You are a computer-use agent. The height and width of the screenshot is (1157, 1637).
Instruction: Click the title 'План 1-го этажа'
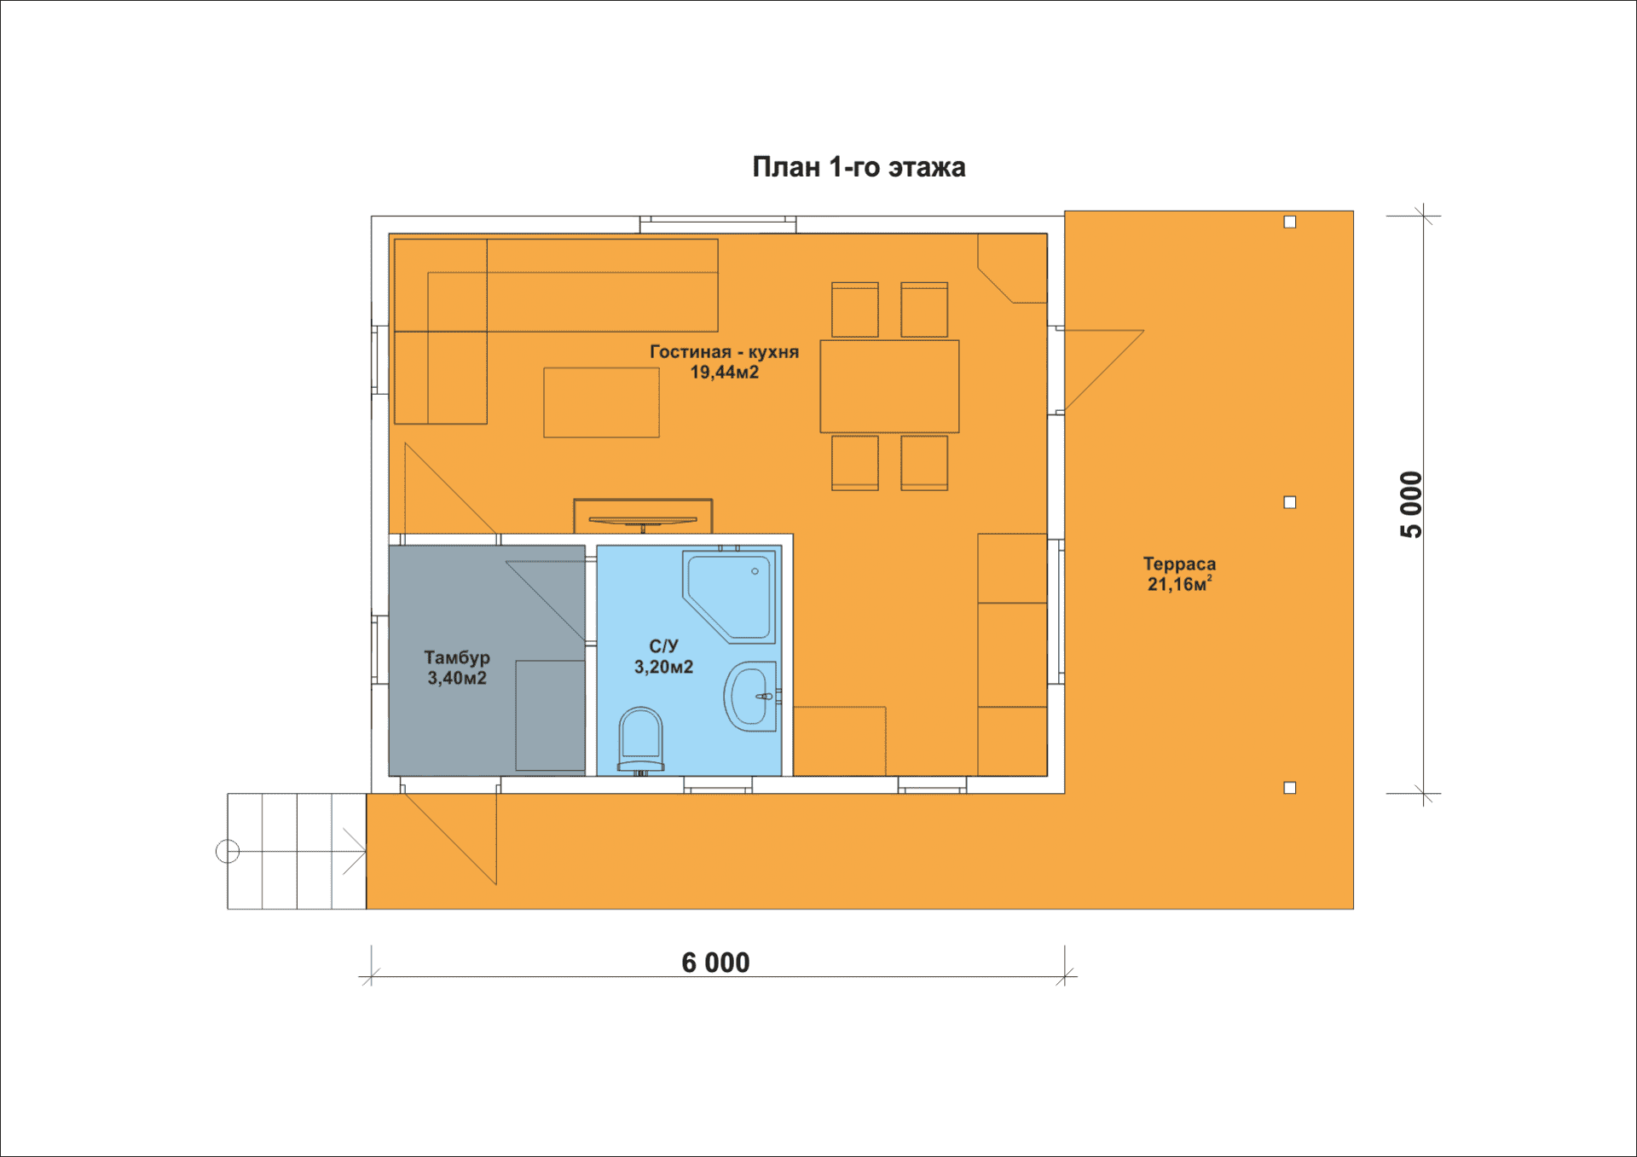coord(859,167)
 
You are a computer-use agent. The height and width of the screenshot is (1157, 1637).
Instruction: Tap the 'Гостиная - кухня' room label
coord(724,351)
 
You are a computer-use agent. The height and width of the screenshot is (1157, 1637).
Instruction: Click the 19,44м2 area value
coord(724,373)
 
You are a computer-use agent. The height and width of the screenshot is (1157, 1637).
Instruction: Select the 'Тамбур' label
coord(457,658)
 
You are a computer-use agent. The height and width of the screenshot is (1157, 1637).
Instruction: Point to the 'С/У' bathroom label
coord(663,646)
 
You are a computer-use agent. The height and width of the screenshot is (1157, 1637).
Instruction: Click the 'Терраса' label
coord(1179,564)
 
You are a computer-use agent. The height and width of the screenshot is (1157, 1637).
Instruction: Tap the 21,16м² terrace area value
coord(1179,584)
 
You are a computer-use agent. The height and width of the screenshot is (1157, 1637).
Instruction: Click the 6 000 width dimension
coord(715,963)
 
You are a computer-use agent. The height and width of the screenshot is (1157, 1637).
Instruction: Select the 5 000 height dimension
coord(1412,504)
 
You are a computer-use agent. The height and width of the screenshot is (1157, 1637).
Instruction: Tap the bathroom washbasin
coord(751,697)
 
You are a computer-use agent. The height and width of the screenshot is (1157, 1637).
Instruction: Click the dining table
coord(889,386)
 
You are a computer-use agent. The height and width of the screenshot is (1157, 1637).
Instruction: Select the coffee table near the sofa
coord(601,402)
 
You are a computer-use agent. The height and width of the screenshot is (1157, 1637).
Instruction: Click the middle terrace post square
coord(1290,502)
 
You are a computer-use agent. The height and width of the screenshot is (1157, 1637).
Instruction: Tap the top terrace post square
coord(1290,222)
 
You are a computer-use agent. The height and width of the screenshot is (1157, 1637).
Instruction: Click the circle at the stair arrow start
coord(228,851)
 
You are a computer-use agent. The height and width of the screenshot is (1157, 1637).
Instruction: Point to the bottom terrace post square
coord(1290,788)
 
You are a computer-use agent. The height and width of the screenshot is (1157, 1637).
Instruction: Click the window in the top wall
coord(718,224)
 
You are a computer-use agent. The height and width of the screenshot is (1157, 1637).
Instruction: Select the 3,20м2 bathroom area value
coord(663,667)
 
